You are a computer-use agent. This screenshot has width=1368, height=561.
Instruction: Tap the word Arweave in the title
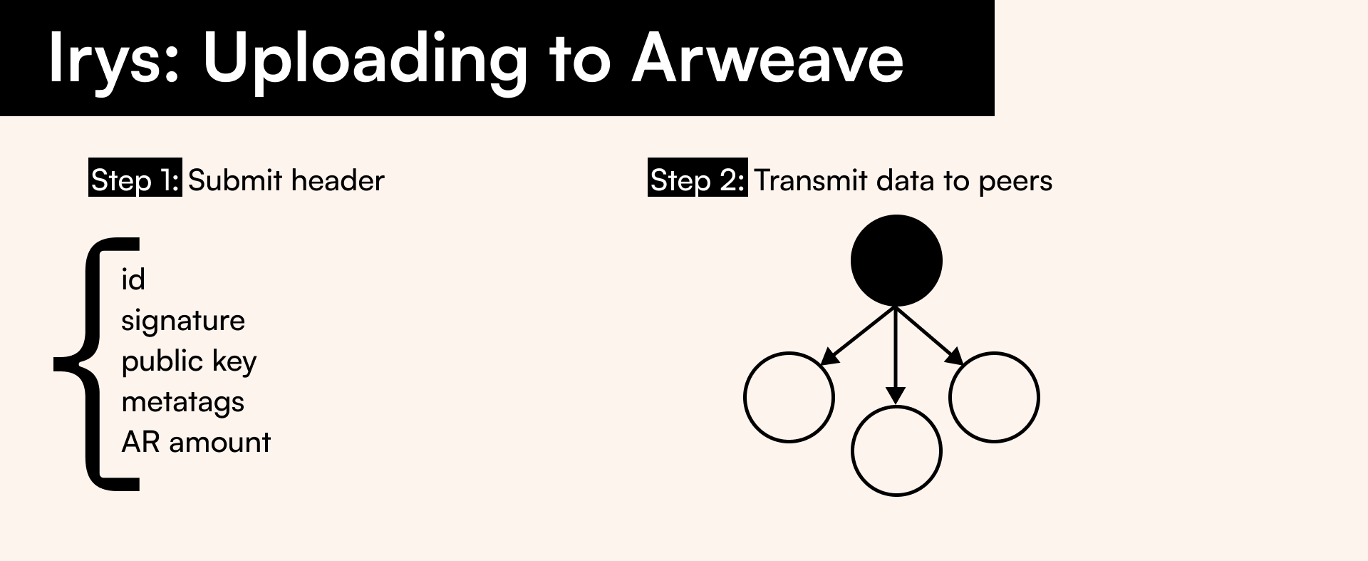(x=767, y=58)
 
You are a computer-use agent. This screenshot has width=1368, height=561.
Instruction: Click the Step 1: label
(x=135, y=180)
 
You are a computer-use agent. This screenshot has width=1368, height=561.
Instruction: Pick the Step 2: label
(x=698, y=180)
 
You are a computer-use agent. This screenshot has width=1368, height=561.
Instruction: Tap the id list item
(x=133, y=279)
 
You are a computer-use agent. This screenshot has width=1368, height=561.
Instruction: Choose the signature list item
(x=183, y=321)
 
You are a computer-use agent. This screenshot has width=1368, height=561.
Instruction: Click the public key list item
(x=189, y=361)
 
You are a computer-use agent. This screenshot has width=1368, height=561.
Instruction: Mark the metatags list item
(x=183, y=402)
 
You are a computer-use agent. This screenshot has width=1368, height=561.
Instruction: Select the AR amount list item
(x=196, y=443)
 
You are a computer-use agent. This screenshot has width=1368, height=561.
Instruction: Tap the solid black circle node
(x=896, y=261)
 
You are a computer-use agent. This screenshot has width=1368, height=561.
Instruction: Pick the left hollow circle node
(x=745, y=397)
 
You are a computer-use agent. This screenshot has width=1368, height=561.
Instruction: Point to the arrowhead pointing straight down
(x=896, y=396)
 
